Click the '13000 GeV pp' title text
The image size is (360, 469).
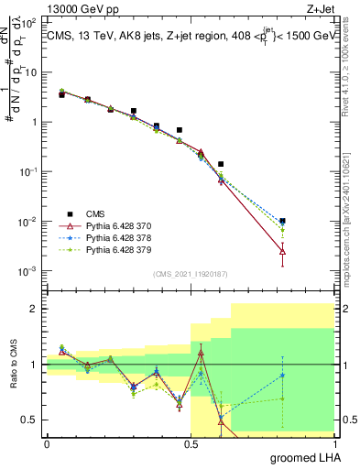pyautogui.click(x=83, y=10)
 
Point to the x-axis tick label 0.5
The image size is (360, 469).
pyautogui.click(x=191, y=443)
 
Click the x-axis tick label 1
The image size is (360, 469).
pyautogui.click(x=335, y=443)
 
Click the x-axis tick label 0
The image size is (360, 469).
pyautogui.click(x=47, y=443)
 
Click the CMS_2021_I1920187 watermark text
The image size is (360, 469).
pyautogui.click(x=191, y=272)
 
